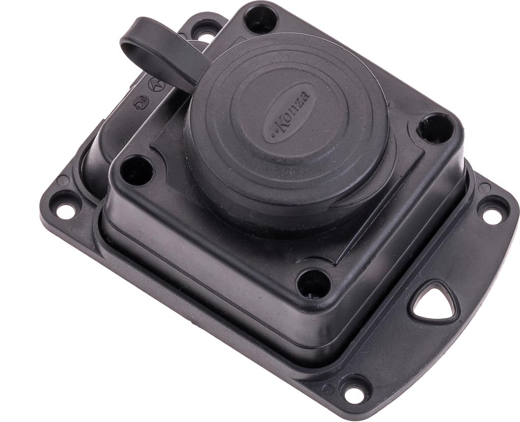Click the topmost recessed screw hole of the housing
pyautogui.click(x=261, y=18)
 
